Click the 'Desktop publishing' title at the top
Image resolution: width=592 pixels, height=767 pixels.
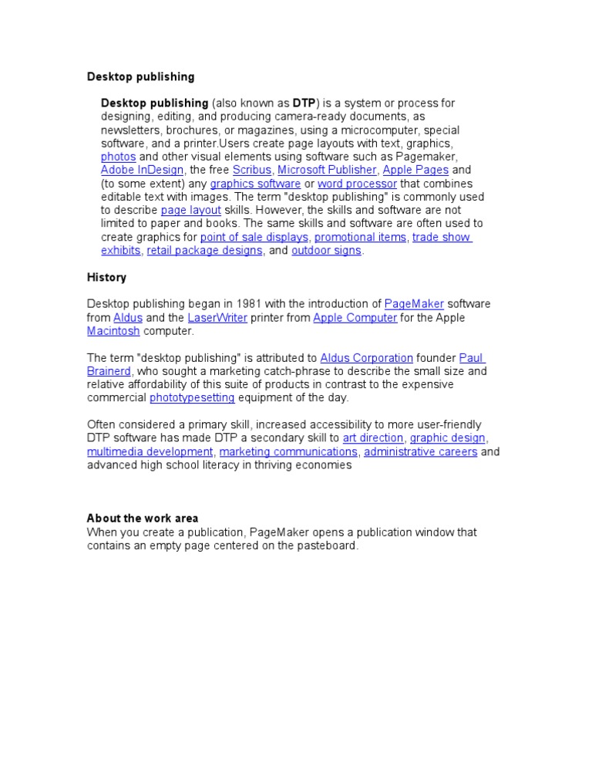tap(140, 77)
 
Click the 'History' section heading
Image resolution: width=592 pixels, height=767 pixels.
tap(106, 278)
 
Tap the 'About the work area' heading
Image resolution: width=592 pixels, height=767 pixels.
tap(142, 519)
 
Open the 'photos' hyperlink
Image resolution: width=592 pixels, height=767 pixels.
tap(118, 157)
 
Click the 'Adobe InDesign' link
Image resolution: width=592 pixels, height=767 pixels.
tap(142, 170)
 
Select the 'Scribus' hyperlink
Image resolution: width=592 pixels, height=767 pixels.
tap(252, 170)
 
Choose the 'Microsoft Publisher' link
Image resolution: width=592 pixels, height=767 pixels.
tap(327, 170)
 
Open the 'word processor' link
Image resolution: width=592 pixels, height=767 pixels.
tap(357, 184)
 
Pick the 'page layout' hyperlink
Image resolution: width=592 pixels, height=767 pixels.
tap(190, 211)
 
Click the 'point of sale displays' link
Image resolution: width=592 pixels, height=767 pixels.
tap(254, 238)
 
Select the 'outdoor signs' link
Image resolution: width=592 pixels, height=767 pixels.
tap(326, 251)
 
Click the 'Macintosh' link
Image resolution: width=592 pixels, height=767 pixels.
tap(113, 331)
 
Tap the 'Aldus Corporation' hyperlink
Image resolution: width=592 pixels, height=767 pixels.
tap(366, 358)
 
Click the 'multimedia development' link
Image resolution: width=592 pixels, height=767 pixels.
tap(150, 452)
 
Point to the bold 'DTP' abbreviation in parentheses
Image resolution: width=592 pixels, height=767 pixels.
tap(304, 103)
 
